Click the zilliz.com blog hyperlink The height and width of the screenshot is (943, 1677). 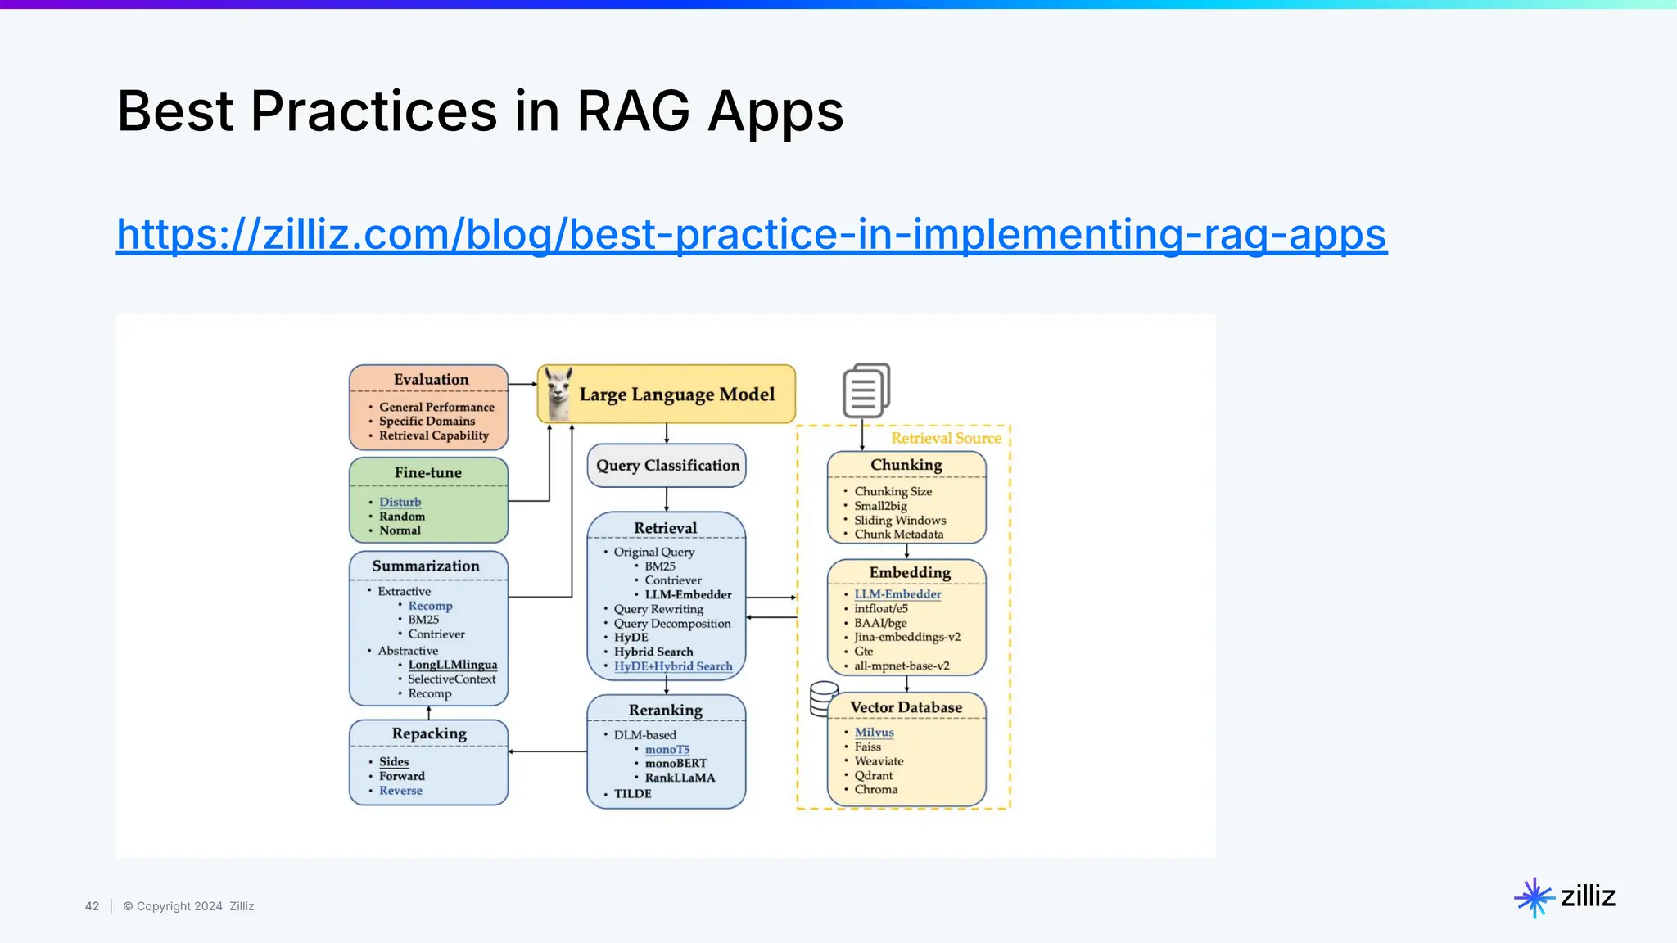pyautogui.click(x=751, y=235)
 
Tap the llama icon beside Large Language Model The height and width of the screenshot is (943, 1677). pyautogui.click(x=558, y=394)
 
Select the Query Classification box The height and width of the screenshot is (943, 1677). pyautogui.click(x=667, y=466)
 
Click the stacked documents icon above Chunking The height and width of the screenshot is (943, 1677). pyautogui.click(x=866, y=390)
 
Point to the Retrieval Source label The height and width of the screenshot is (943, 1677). pyautogui.click(x=946, y=439)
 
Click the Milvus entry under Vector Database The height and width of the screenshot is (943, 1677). pyautogui.click(x=874, y=733)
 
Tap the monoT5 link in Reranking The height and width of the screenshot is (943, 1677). pyautogui.click(x=667, y=750)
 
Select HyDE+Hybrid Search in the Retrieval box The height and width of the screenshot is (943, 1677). pyautogui.click(x=673, y=666)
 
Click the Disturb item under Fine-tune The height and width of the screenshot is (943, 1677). pyautogui.click(x=400, y=502)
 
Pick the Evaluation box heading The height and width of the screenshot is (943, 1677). pyautogui.click(x=431, y=380)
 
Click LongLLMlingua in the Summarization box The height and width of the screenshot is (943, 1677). pyautogui.click(x=452, y=665)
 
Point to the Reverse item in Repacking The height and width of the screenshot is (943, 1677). pyautogui.click(x=400, y=791)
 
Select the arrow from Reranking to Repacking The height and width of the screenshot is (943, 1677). pyautogui.click(x=547, y=751)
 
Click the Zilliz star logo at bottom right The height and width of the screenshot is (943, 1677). pyautogui.click(x=1533, y=897)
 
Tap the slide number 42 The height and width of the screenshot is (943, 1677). pyautogui.click(x=92, y=906)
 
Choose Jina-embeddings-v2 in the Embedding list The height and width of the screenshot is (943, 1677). pyautogui.click(x=906, y=637)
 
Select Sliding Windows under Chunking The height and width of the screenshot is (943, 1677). pyautogui.click(x=900, y=521)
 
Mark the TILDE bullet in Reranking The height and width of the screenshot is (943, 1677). pyautogui.click(x=632, y=794)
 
